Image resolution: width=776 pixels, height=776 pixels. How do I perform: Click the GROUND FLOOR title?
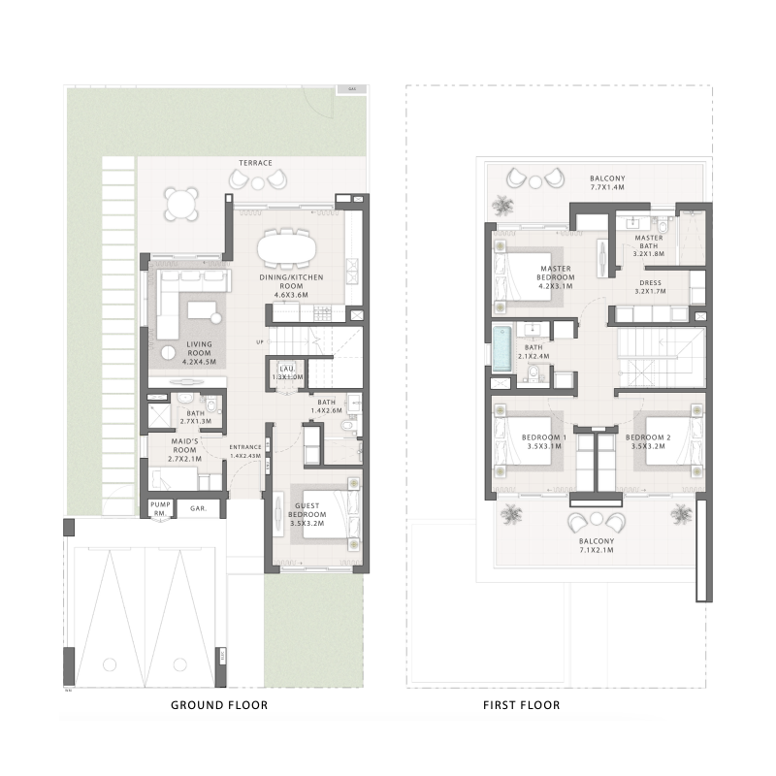[219, 704]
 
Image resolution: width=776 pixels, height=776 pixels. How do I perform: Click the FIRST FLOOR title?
[521, 704]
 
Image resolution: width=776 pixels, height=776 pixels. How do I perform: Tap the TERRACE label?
[256, 163]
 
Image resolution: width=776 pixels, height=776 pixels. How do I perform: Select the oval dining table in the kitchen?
[286, 247]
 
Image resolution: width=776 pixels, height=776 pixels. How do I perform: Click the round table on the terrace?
[181, 205]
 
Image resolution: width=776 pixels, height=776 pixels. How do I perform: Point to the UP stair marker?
[259, 341]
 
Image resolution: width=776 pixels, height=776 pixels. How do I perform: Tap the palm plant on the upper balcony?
[502, 205]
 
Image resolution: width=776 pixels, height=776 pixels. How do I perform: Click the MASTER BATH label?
[648, 246]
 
